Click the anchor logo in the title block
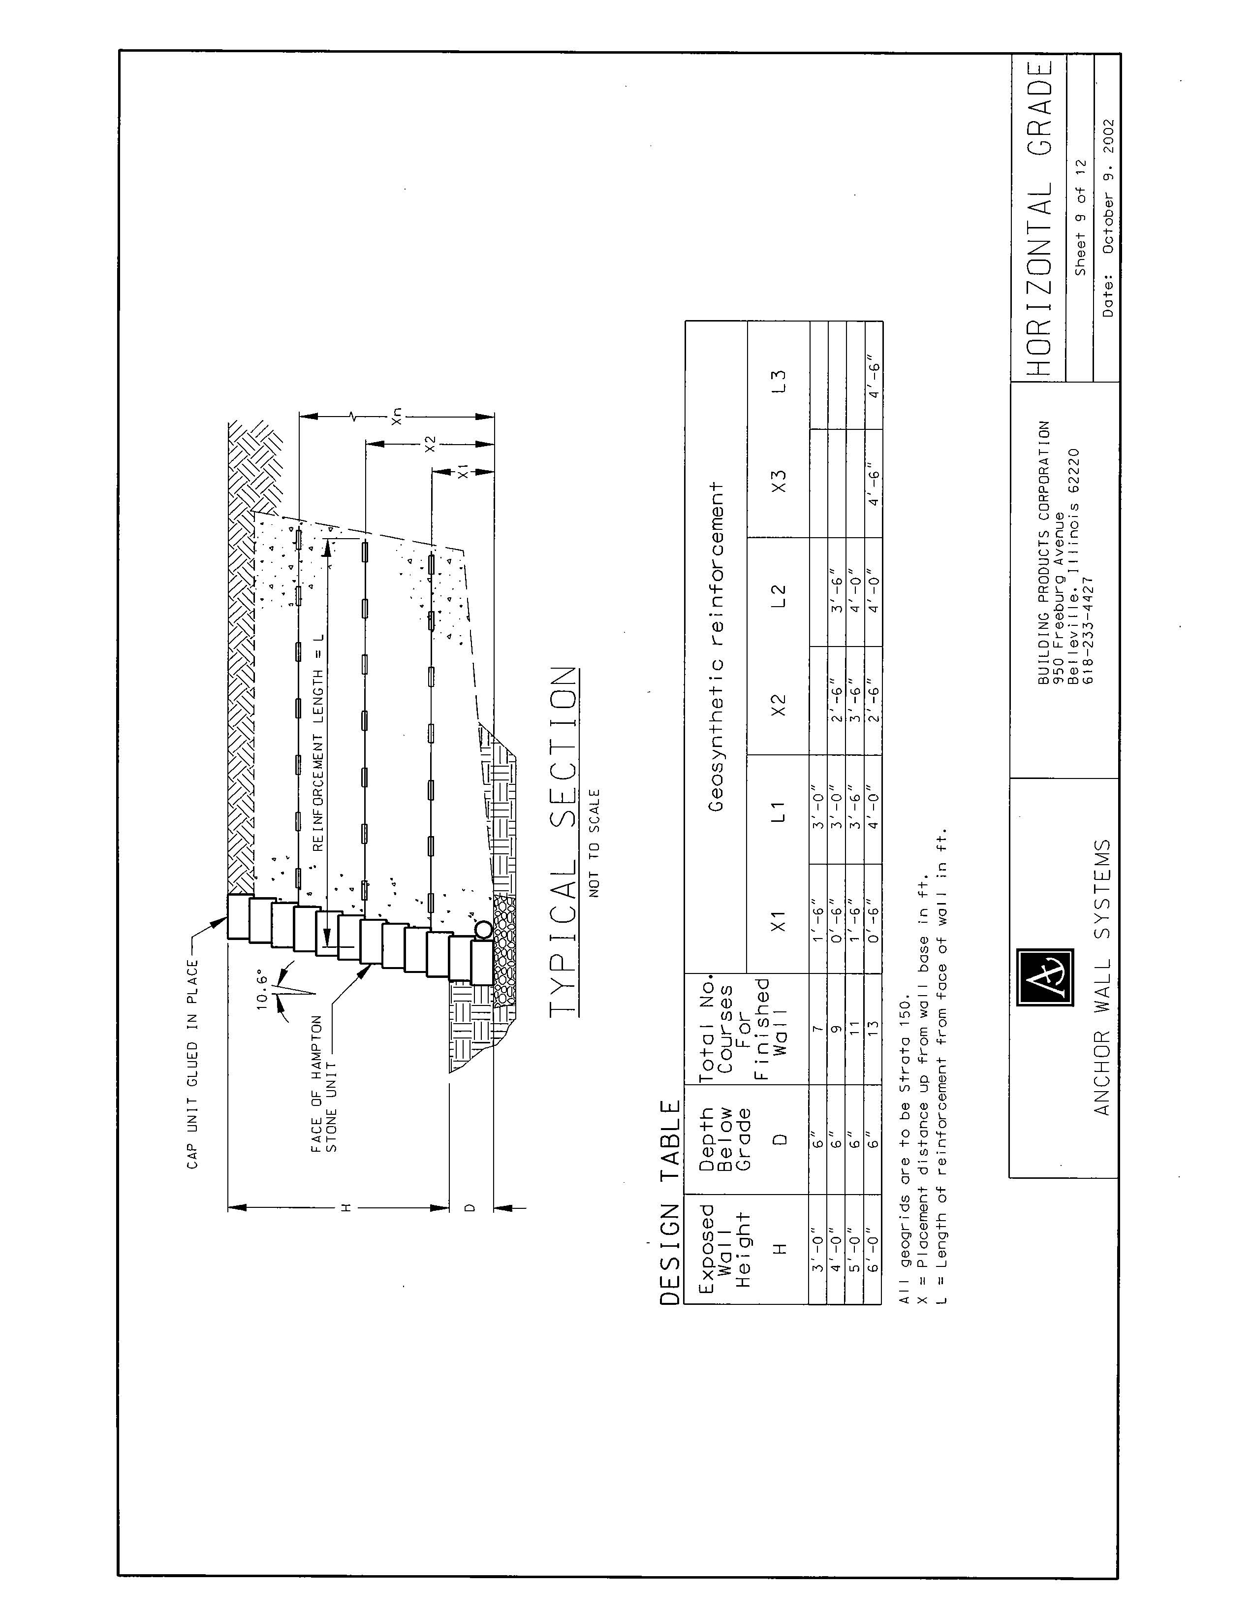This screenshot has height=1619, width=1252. coord(1045,976)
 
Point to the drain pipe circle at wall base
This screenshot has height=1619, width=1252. coord(482,928)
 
